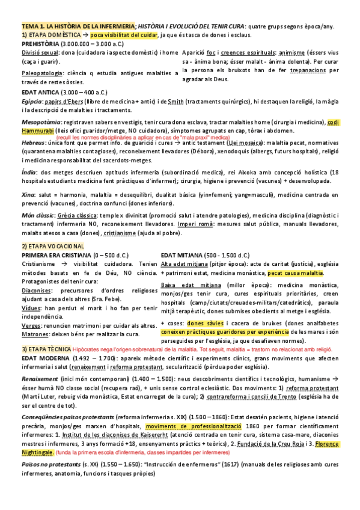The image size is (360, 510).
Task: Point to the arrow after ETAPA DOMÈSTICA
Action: [85, 35]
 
